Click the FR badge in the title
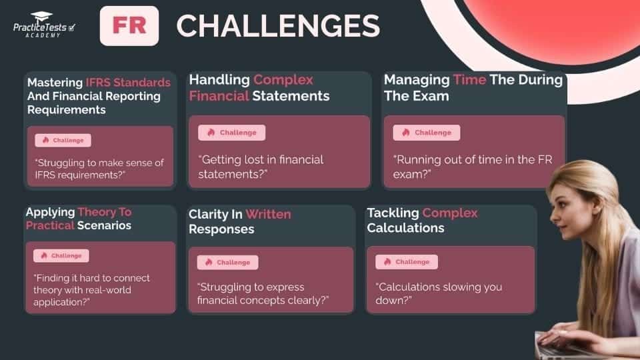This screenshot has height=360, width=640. click(129, 26)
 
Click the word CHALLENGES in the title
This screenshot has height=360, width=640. click(278, 26)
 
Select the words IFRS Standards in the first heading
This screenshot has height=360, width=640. click(128, 83)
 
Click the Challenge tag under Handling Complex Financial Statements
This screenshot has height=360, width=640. click(231, 133)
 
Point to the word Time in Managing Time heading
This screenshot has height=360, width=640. click(470, 80)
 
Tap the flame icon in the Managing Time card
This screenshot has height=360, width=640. click(405, 133)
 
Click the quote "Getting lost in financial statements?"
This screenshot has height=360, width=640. click(261, 167)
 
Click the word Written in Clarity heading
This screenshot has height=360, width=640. click(268, 214)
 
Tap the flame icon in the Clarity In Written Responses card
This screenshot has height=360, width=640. click(209, 263)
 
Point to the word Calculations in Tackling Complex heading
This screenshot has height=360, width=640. click(405, 228)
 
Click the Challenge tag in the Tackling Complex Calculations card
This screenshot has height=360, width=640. click(406, 262)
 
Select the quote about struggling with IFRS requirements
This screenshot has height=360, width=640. click(99, 168)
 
